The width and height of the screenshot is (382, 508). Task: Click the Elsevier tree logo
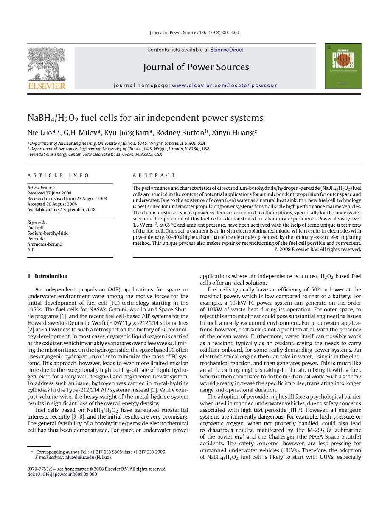(46, 64)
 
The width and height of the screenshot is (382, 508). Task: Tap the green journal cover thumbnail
(343, 66)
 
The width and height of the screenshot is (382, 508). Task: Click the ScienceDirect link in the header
(227, 50)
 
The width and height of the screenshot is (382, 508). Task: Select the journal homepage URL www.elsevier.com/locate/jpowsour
(224, 86)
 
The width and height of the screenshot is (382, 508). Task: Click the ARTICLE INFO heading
(58, 175)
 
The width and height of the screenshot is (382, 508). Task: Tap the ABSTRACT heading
(154, 175)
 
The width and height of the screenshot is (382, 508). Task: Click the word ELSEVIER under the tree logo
(47, 86)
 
